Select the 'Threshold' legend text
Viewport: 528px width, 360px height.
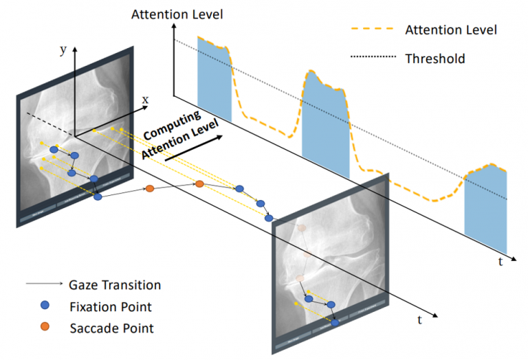434,58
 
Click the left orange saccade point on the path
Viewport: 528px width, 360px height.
150,188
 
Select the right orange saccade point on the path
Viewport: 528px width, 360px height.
199,183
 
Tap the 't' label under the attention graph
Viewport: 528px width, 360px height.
500,262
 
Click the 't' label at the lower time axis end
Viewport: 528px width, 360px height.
419,319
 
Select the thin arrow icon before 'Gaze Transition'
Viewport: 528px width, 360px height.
38,284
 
